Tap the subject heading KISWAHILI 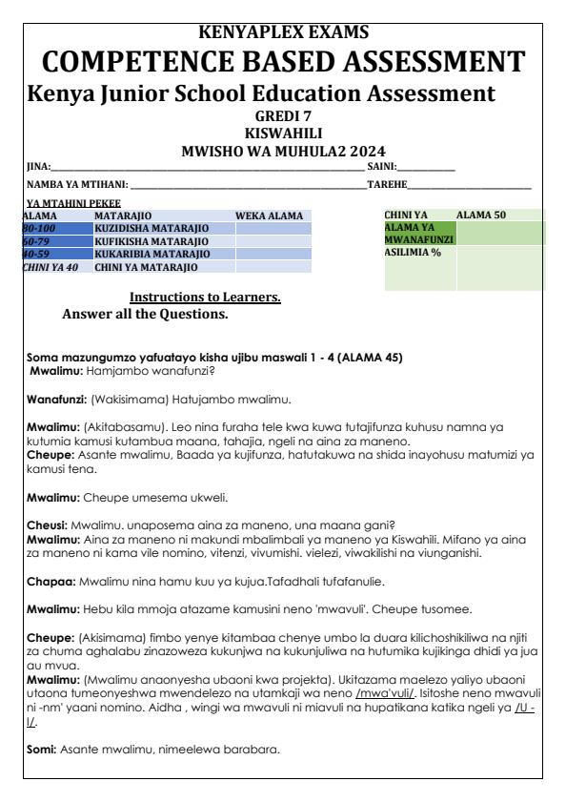pyautogui.click(x=283, y=134)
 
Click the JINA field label pyautogui.click(x=37, y=167)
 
